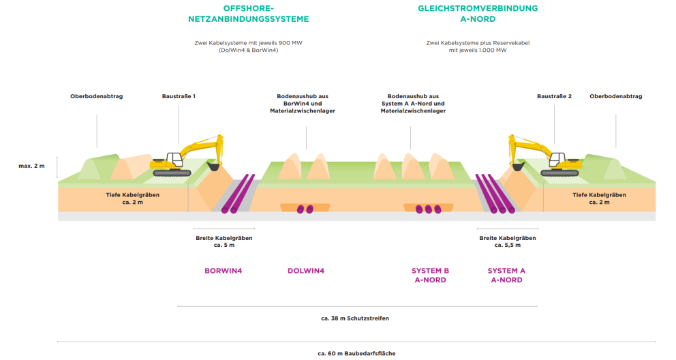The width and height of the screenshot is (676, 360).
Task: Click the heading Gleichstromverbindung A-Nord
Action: pos(478,14)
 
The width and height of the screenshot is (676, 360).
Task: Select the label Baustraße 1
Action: pos(179,96)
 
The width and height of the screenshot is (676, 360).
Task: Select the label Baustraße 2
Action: pos(554,96)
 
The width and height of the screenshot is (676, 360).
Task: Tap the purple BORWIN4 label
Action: pos(223,271)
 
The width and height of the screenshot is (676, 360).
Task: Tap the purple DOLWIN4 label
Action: pos(306,271)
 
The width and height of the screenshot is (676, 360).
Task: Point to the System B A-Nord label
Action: pos(430,275)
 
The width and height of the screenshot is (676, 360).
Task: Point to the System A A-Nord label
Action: pos(506,275)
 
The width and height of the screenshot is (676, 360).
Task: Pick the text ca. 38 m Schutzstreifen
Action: pos(355,318)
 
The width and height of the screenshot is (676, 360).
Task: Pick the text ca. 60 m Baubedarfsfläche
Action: pos(356,353)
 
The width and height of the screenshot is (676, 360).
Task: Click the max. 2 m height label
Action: pos(31,166)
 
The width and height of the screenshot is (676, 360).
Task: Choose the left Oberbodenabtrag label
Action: pos(96,96)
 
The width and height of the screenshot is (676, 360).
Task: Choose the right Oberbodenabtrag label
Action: pos(616,96)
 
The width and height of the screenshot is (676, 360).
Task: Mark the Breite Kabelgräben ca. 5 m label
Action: pos(224,241)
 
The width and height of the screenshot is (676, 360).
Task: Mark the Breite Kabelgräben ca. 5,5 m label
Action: pos(508,241)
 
